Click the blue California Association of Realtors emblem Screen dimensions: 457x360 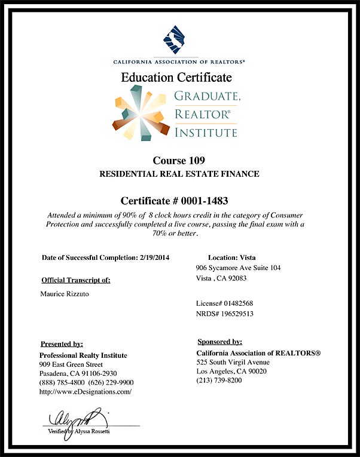pyautogui.click(x=179, y=39)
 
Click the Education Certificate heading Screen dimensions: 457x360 pyautogui.click(x=176, y=78)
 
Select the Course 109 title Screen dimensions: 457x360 pyautogui.click(x=179, y=161)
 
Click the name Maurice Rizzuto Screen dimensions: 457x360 pyautogui.click(x=66, y=293)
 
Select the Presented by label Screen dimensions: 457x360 pyautogui.click(x=62, y=343)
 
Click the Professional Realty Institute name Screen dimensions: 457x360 pyautogui.click(x=83, y=355)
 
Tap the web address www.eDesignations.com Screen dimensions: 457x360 pyautogui.click(x=85, y=391)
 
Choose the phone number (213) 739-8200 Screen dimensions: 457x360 pyautogui.click(x=219, y=381)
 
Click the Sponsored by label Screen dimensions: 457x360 pyautogui.click(x=219, y=342)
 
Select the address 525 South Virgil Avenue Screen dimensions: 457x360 pyautogui.click(x=233, y=362)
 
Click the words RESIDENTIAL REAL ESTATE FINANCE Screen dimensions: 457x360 pyautogui.click(x=179, y=174)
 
